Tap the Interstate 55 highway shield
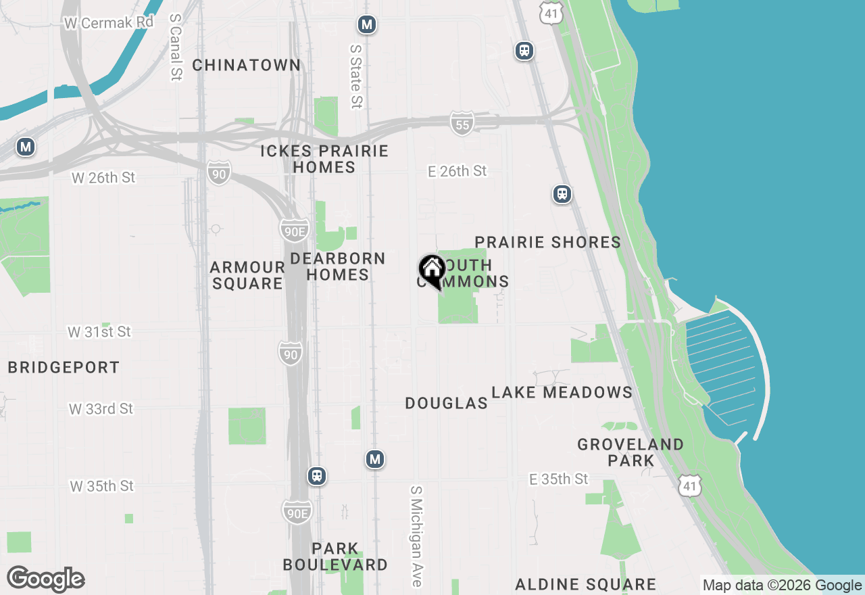462,124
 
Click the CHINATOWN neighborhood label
247,65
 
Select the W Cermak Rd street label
109,22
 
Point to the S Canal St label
176,47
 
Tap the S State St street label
356,76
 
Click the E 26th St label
458,171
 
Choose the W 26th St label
103,178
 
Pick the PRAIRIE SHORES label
548,242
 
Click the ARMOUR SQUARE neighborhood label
247,275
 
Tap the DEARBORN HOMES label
338,266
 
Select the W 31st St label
99,332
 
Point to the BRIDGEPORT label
64,367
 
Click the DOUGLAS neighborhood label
447,403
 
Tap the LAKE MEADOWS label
562,392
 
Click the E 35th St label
559,479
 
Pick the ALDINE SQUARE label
586,584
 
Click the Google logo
46,579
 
